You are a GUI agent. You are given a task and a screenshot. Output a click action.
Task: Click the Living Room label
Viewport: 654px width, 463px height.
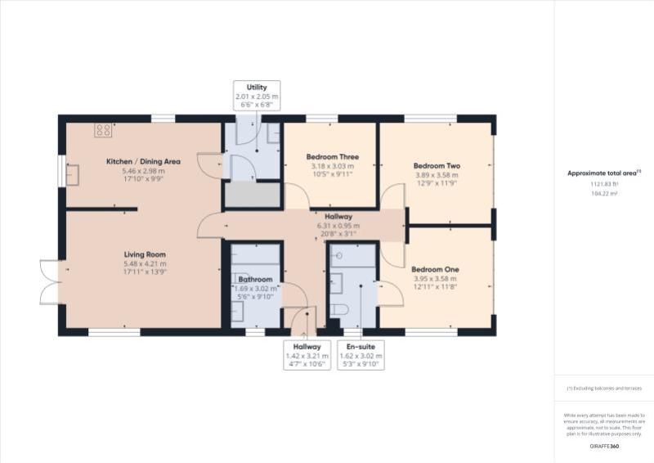coord(144,254)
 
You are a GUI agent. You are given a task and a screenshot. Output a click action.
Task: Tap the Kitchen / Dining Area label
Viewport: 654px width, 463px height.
coord(144,162)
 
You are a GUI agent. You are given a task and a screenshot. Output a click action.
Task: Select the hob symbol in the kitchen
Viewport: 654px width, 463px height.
coord(104,130)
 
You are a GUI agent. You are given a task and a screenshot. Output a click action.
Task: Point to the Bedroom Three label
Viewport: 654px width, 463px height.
coord(332,157)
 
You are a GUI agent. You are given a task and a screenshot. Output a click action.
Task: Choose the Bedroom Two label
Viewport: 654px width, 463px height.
coord(437,165)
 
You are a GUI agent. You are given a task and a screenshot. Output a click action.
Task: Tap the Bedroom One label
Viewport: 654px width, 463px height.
coord(435,269)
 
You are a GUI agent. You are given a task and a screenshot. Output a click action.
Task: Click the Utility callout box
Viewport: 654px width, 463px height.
coord(257,96)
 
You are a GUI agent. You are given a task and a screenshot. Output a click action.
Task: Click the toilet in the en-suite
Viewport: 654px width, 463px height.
coord(340,310)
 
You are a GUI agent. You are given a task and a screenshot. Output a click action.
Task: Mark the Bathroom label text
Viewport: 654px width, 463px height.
coord(256,279)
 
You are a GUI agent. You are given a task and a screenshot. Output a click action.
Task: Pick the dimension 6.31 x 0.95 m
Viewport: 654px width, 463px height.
coord(338,226)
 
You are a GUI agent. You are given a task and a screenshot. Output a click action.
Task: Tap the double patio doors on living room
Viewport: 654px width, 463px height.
coord(47,282)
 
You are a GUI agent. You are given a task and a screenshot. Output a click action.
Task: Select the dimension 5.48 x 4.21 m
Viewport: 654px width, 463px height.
coord(144,263)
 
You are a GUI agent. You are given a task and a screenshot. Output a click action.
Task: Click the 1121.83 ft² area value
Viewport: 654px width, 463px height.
coord(604,184)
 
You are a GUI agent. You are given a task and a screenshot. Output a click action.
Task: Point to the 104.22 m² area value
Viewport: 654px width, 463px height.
coord(604,194)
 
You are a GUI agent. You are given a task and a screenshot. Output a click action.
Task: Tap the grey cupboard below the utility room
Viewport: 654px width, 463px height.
coord(253,196)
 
